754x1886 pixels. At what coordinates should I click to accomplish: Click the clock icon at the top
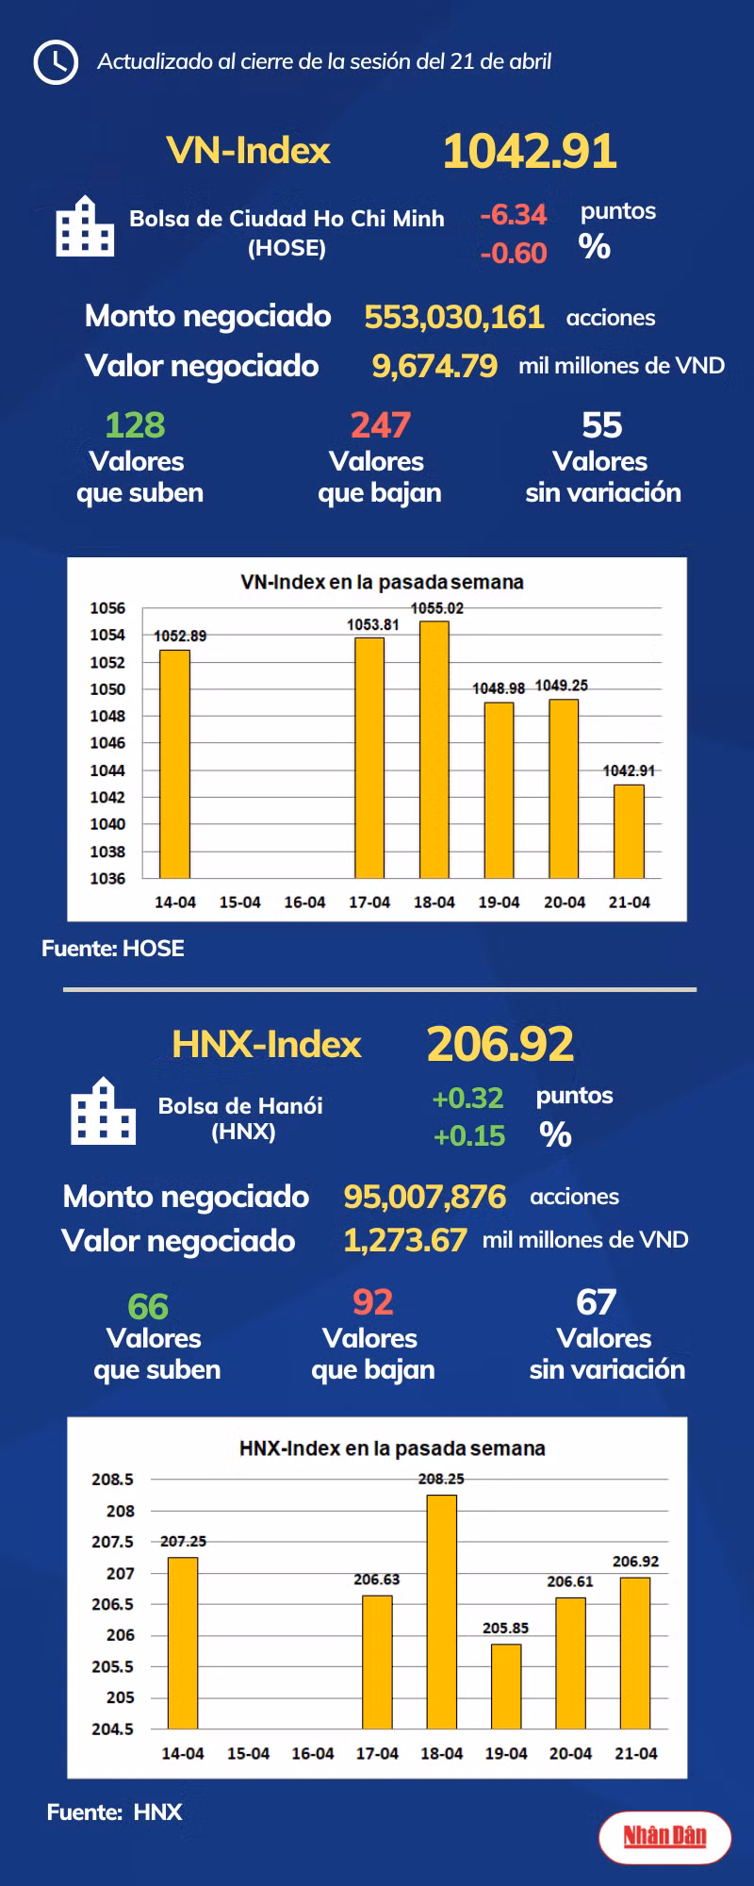[56, 62]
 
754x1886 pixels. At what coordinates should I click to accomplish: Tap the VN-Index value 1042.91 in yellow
[530, 152]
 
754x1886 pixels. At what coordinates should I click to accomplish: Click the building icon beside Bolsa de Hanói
[103, 1112]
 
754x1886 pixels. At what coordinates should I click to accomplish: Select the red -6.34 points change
[513, 215]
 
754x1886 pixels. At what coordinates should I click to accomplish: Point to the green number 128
[135, 425]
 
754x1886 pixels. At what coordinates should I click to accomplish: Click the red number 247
[380, 425]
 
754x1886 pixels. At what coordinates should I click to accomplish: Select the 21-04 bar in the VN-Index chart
[629, 831]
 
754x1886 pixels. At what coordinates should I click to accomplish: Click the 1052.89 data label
[180, 636]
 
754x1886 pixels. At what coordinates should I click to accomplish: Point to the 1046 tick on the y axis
[107, 743]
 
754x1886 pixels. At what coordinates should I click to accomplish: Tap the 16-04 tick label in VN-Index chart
[304, 902]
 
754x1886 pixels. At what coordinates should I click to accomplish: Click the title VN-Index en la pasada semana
[382, 582]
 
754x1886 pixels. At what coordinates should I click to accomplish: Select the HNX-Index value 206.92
[500, 1044]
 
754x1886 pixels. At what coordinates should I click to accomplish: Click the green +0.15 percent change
[469, 1135]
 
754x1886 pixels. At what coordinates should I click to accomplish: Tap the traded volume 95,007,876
[424, 1197]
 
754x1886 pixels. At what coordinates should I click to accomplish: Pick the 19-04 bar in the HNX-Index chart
[506, 1686]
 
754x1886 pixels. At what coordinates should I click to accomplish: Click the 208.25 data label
[441, 1479]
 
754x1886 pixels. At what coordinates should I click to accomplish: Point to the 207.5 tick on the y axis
[112, 1542]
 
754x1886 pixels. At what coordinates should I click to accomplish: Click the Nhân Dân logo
[664, 1835]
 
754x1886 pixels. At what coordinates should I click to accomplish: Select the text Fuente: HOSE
[113, 949]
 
